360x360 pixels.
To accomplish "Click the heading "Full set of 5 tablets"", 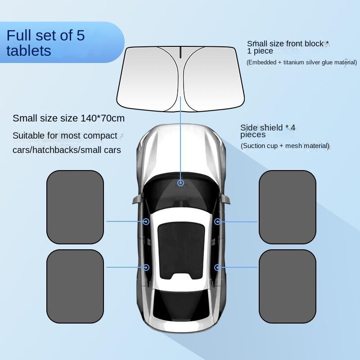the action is [x=46, y=43].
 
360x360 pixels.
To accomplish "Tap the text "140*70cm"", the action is [x=103, y=118].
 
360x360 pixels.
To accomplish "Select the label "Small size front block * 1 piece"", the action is [x=288, y=47].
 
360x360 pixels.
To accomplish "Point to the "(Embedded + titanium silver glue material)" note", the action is [x=301, y=63].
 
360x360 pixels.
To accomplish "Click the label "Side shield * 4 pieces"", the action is [x=268, y=131].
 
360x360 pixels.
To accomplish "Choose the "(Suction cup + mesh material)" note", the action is [x=285, y=146].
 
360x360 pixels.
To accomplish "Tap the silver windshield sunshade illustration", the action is [x=180, y=79].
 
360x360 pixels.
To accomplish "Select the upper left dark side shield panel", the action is [x=75, y=207].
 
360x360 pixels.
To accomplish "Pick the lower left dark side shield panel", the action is [x=75, y=286].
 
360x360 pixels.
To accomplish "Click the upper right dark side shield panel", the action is [x=288, y=207].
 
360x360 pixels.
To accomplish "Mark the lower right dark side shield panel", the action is [x=288, y=286].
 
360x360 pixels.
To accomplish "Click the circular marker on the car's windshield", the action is [x=181, y=183].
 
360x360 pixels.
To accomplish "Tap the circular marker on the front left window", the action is [x=146, y=221].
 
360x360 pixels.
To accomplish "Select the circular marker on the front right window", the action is [x=217, y=221].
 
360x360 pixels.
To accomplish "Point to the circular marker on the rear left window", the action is [x=146, y=267].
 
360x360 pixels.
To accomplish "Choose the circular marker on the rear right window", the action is [x=217, y=267].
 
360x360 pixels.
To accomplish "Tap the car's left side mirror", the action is [x=138, y=198].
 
